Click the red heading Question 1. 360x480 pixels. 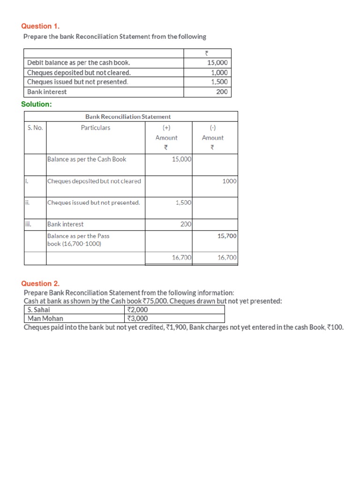[40, 26]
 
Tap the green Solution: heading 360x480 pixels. [37, 104]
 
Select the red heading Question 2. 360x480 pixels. [40, 284]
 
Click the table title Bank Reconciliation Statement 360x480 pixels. [127, 116]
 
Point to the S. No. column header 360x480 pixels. [35, 127]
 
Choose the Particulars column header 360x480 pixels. [96, 127]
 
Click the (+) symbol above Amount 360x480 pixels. [166, 127]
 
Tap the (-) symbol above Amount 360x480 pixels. [213, 127]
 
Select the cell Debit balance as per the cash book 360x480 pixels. [79, 62]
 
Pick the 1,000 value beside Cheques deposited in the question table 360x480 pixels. [219, 72]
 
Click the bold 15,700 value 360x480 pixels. [227, 236]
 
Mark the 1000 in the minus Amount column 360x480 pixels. [230, 181]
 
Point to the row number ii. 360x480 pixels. [28, 202]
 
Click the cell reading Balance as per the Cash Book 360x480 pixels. [87, 159]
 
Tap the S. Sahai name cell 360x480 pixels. [39, 310]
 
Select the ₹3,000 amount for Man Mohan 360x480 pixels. [137, 319]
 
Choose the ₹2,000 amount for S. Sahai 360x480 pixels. [137, 310]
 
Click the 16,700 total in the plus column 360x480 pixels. [182, 257]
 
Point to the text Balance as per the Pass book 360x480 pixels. [78, 236]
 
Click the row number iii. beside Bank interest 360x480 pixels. [29, 224]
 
